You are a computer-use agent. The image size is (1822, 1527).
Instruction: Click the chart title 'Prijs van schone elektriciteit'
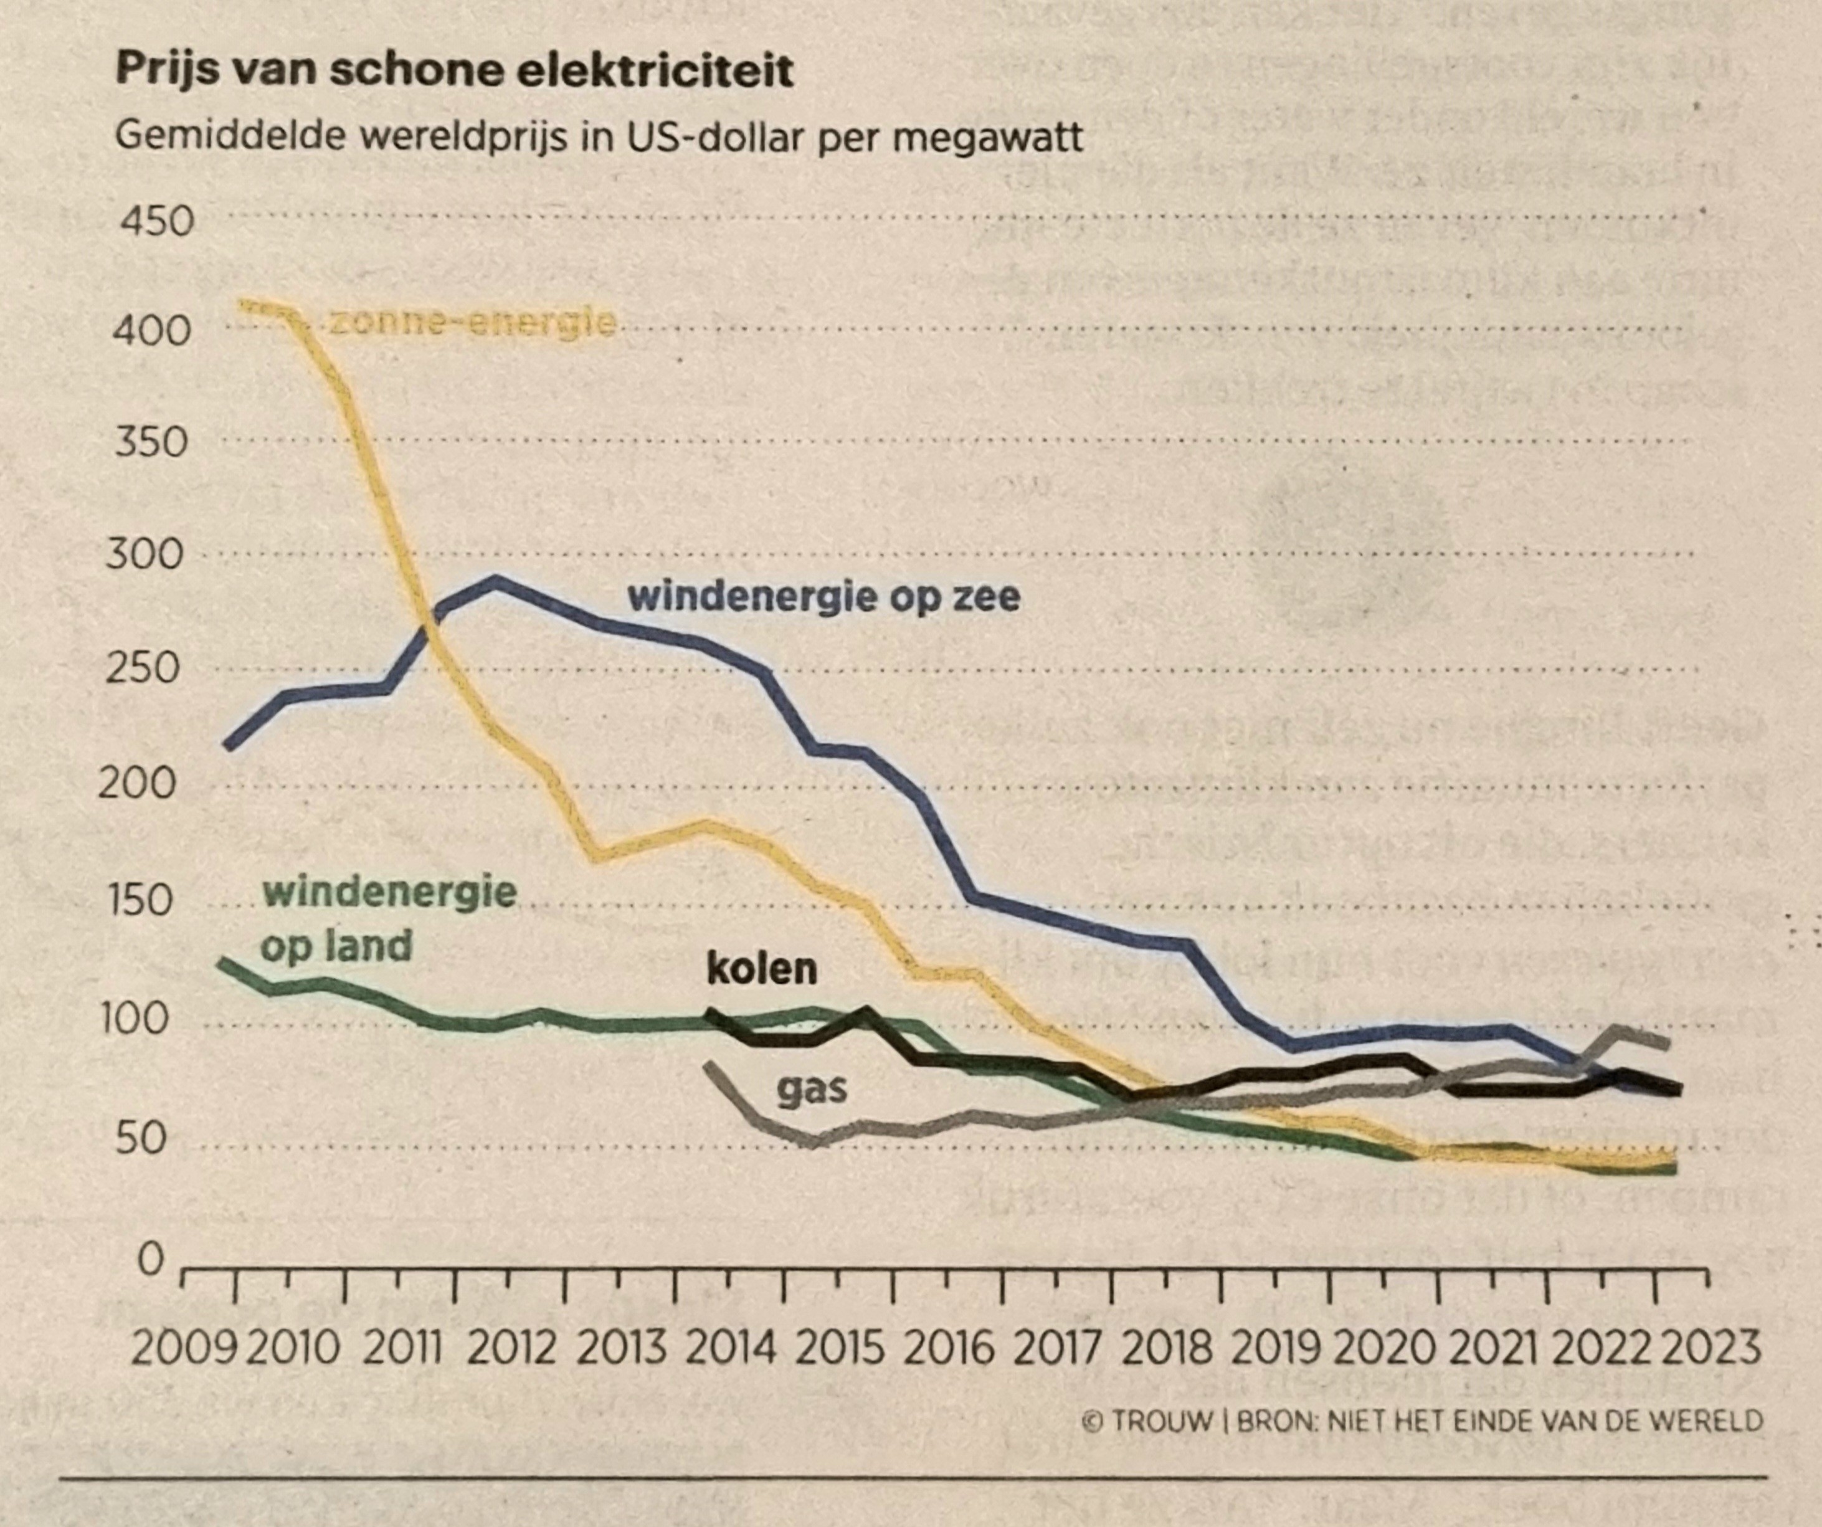453,69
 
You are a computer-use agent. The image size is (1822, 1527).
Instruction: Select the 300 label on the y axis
145,554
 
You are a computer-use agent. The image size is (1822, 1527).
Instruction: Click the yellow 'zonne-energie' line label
473,323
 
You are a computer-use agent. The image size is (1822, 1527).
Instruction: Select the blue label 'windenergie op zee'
823,597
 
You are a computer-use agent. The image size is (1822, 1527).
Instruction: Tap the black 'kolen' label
762,969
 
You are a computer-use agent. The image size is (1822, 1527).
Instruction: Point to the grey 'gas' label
811,1089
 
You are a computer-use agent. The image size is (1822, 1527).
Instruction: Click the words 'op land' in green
336,946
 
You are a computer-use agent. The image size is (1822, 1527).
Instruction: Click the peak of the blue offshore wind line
495,579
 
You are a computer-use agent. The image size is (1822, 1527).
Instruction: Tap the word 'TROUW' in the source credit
1162,1421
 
